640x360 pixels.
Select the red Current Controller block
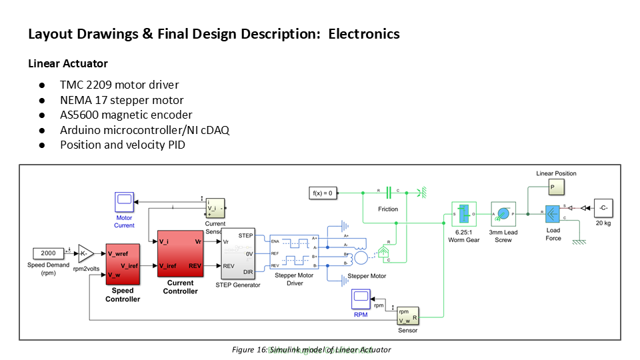(x=180, y=253)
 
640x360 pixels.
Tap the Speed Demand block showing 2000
(x=49, y=253)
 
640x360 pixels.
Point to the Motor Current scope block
(x=124, y=201)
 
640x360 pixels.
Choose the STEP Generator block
(x=237, y=254)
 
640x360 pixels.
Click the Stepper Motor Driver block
(x=294, y=253)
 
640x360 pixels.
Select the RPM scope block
(x=361, y=299)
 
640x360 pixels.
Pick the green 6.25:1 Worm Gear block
(x=463, y=215)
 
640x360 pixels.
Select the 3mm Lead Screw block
(x=503, y=215)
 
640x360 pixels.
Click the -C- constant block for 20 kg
(x=603, y=207)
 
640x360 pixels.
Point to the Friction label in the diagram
(x=388, y=209)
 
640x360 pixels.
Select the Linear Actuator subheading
(x=68, y=64)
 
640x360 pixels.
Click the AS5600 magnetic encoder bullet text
(x=126, y=115)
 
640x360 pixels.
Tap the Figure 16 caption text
(x=311, y=349)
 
